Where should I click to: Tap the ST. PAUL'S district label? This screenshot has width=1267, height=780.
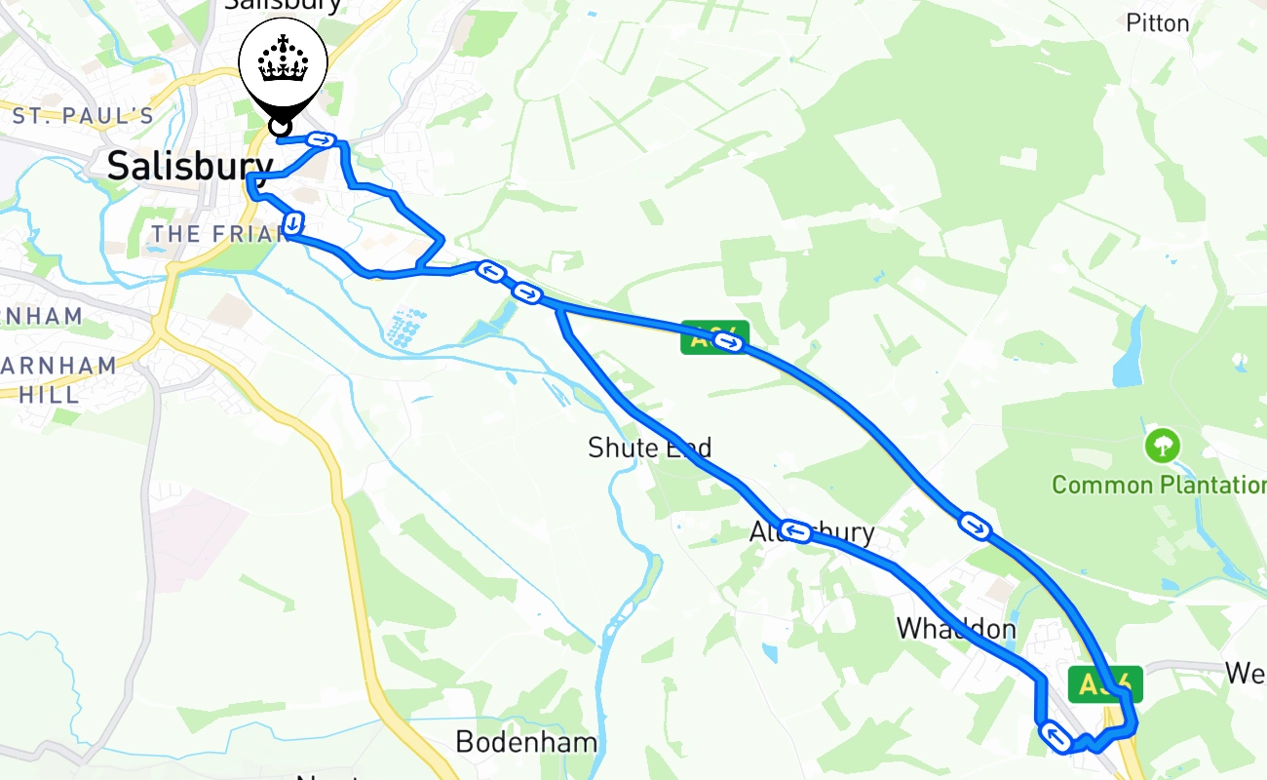coord(83,116)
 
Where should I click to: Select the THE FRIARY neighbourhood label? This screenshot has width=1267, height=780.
coord(210,234)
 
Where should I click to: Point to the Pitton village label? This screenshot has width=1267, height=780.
coord(1158,22)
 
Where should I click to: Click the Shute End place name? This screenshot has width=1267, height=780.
coord(649,448)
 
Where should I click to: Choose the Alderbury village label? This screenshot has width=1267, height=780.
coord(812,533)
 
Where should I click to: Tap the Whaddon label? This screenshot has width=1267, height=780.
coord(956,629)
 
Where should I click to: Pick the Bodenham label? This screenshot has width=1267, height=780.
coord(526,742)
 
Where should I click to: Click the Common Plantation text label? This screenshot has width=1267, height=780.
coord(1159,485)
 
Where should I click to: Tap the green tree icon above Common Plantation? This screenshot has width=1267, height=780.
coord(1162,447)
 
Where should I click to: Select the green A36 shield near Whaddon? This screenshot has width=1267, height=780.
coord(1103,684)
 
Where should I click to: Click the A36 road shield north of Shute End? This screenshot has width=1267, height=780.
coord(714,336)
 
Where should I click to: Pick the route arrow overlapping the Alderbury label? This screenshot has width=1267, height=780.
coord(796,531)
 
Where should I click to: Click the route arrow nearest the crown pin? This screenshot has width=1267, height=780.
coord(322,140)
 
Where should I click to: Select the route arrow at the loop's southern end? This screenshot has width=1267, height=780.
coord(1055,735)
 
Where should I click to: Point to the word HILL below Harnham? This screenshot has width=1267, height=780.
coord(49,394)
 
